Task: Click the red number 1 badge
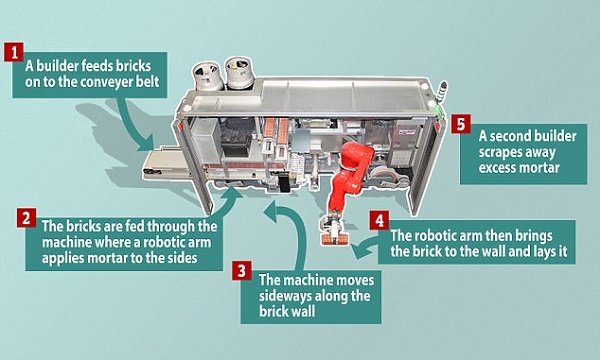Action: tap(14, 52)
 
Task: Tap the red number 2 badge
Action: tap(26, 218)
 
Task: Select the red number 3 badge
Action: tap(242, 270)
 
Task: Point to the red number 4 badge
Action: tap(379, 220)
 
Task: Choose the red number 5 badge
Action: tap(461, 124)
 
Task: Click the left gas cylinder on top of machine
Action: tap(207, 76)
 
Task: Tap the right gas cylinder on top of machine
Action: tap(239, 72)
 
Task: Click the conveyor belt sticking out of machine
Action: tap(166, 163)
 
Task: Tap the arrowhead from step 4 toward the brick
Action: tap(359, 252)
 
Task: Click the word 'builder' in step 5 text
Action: tap(551, 136)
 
